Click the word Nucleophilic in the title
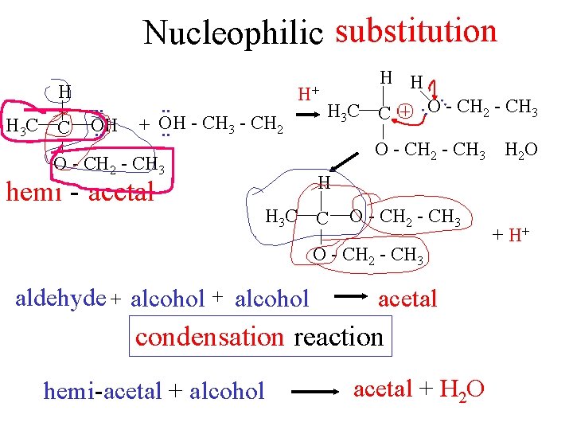234,33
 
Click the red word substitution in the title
416,31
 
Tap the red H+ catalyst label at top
309,94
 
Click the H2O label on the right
520,150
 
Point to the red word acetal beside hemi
122,192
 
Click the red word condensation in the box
209,337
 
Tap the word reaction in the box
339,337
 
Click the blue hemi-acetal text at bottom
103,391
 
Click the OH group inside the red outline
103,125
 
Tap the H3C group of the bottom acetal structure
281,215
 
